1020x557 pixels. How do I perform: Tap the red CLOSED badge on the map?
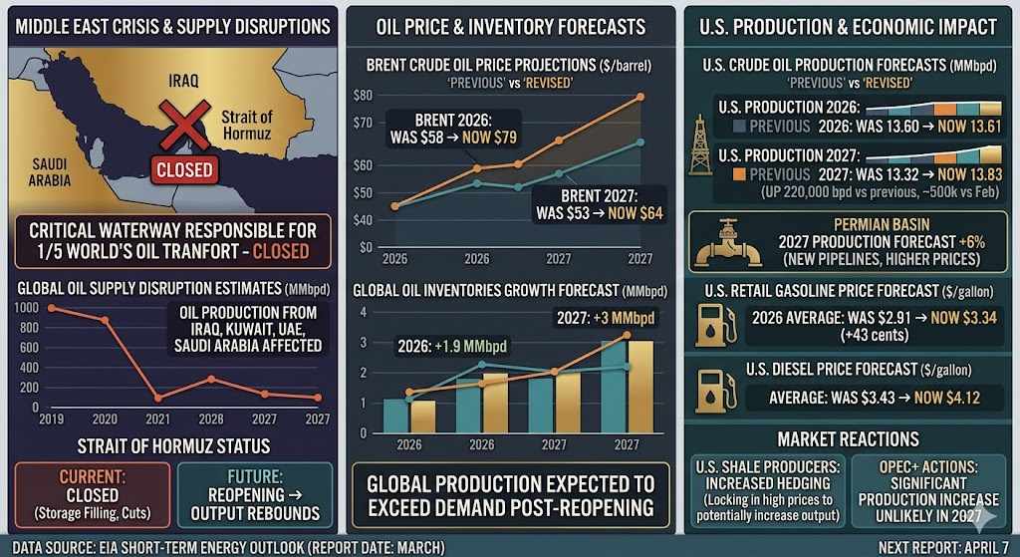(184, 169)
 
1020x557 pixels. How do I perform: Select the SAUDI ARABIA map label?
(51, 172)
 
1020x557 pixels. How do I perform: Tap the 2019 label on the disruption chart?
(50, 418)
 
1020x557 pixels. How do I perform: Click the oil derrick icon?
(703, 134)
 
